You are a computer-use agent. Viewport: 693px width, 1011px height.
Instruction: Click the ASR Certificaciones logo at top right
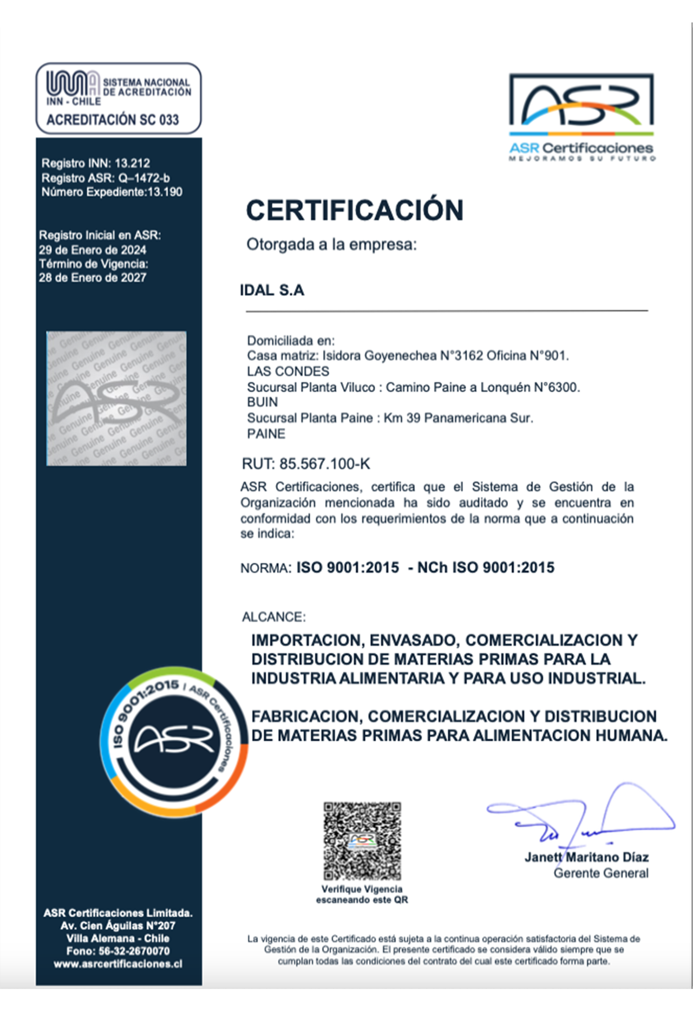pos(581,116)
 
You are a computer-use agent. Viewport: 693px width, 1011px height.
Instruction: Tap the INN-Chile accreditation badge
pos(119,98)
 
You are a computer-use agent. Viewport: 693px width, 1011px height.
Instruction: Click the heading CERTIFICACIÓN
pos(355,210)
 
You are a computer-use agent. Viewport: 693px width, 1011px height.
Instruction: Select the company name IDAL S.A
pos(272,291)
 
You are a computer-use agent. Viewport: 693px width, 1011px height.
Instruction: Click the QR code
pos(362,840)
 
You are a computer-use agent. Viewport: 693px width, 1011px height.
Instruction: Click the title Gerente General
pos(600,873)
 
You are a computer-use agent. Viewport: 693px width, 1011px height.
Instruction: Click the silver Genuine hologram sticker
pos(116,399)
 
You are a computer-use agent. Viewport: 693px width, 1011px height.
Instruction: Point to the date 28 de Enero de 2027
pos(93,278)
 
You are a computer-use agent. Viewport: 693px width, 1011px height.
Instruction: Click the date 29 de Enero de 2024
pos(93,250)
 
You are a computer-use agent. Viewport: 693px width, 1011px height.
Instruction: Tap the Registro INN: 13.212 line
pos(96,164)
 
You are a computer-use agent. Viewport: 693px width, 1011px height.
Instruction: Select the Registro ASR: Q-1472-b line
pos(106,178)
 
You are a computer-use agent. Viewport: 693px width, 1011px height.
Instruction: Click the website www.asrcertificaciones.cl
pos(118,964)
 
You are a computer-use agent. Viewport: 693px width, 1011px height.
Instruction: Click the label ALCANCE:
pos(273,617)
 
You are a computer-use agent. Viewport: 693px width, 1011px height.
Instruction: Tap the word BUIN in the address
pos(263,402)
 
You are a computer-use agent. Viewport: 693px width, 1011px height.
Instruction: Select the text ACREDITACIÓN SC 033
pos(113,120)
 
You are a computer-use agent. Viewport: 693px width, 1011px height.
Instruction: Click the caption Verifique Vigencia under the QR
pos(362,889)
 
